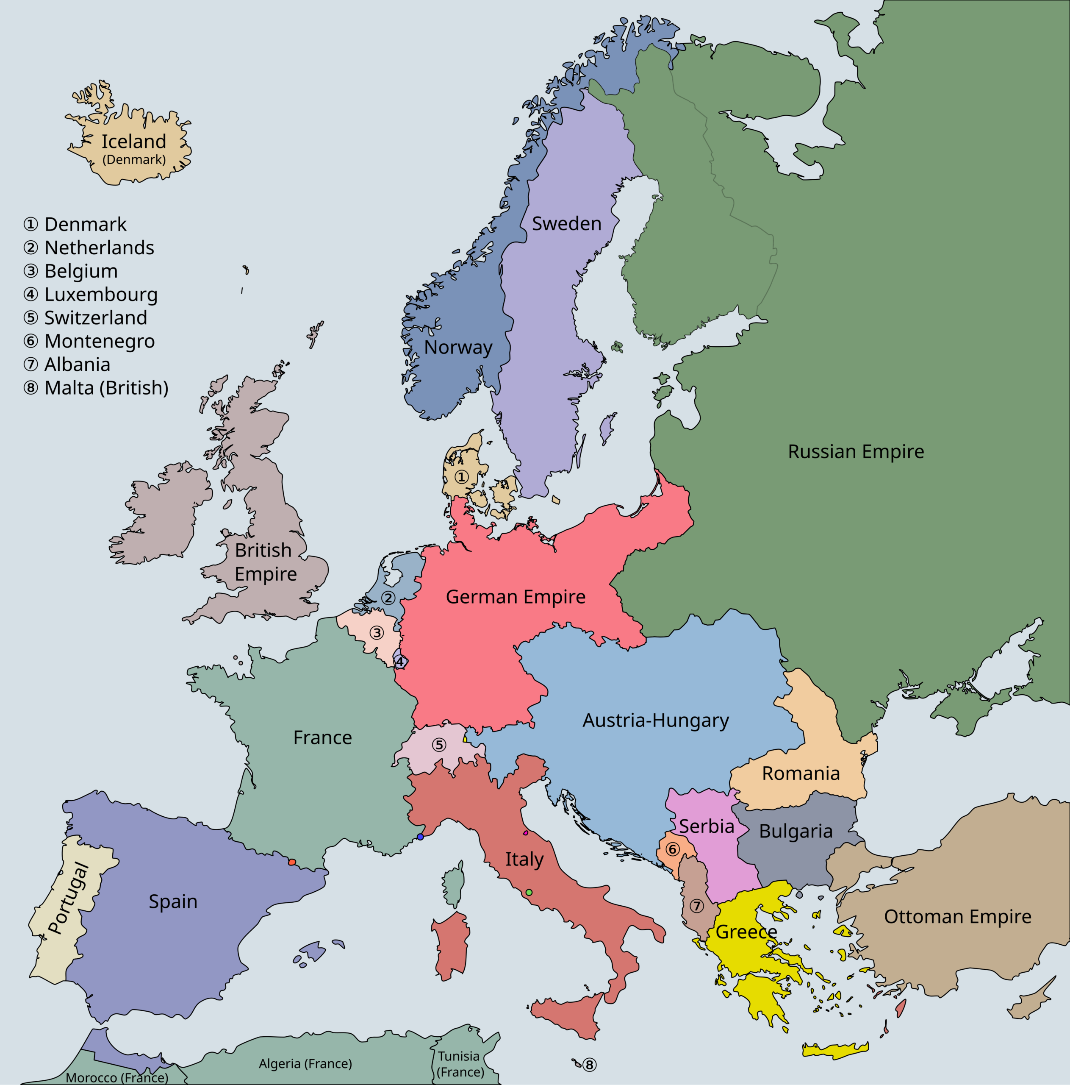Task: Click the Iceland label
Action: pyautogui.click(x=133, y=142)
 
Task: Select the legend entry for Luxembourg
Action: pyautogui.click(x=90, y=294)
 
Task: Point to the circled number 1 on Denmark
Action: pyautogui.click(x=461, y=477)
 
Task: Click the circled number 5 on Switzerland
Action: pyautogui.click(x=439, y=745)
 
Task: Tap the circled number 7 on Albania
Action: pyautogui.click(x=696, y=906)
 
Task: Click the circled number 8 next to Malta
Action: pyautogui.click(x=589, y=1065)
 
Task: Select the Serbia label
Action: pyautogui.click(x=706, y=826)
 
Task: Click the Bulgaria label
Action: pyautogui.click(x=796, y=831)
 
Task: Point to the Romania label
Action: pyautogui.click(x=801, y=773)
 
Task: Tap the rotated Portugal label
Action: pyautogui.click(x=69, y=899)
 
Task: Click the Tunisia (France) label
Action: pyautogui.click(x=460, y=1064)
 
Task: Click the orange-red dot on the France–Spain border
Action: pyautogui.click(x=292, y=862)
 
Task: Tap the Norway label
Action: pyautogui.click(x=458, y=347)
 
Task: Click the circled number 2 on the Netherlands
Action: pyautogui.click(x=388, y=598)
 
